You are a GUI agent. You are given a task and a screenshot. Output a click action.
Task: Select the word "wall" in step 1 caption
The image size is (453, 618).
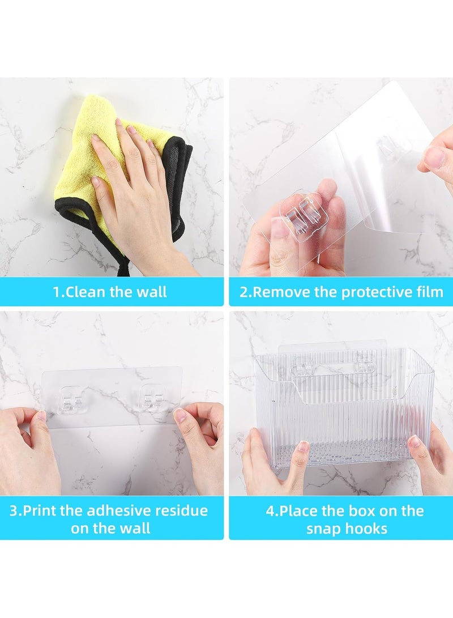pyautogui.click(x=152, y=292)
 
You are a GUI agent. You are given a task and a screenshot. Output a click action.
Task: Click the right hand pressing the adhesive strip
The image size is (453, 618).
pyautogui.click(x=201, y=442)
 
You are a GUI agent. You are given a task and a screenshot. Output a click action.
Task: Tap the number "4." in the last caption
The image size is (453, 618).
pyautogui.click(x=272, y=511)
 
